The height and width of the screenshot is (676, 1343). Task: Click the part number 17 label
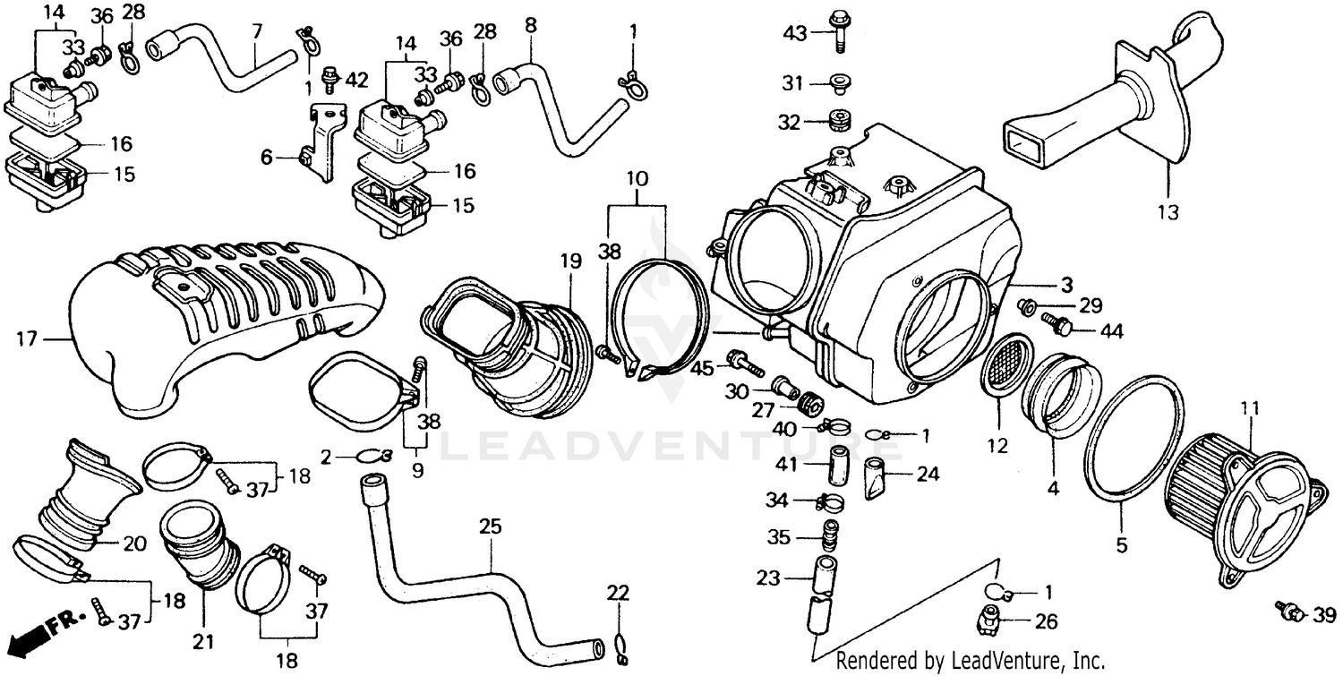[28, 338]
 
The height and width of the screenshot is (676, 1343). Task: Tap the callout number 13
[1168, 213]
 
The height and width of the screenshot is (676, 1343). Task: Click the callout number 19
[571, 261]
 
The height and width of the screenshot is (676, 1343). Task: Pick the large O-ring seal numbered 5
[1133, 448]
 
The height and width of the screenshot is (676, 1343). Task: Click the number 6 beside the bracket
[266, 157]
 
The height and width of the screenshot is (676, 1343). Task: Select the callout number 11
[1249, 410]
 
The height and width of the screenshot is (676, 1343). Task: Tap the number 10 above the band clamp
[637, 178]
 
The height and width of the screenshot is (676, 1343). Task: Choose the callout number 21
[204, 642]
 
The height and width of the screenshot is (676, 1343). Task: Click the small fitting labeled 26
[987, 618]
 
